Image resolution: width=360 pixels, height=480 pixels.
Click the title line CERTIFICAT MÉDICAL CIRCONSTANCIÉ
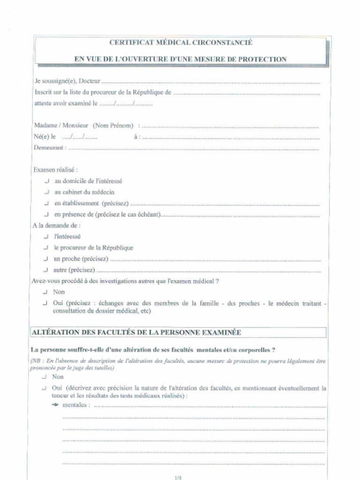click(180, 43)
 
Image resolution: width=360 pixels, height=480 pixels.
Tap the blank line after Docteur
click(210, 82)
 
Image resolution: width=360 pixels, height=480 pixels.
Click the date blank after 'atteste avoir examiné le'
click(126, 104)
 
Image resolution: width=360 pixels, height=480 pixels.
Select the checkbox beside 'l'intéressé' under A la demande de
click(46, 237)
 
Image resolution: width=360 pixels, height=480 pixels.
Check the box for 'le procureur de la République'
click(46, 247)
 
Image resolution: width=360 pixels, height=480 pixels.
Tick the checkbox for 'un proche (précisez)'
click(46, 259)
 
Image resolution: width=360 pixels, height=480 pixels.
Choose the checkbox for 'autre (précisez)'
click(46, 270)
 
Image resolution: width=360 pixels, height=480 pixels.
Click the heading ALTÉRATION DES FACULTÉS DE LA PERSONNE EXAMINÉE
click(136, 332)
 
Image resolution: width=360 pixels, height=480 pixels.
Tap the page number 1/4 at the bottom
click(178, 477)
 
